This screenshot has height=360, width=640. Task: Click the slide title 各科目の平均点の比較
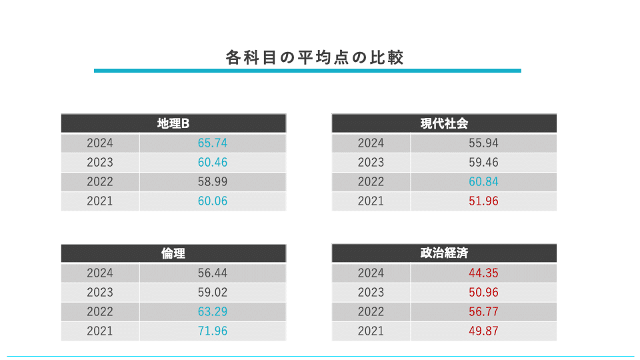(315, 57)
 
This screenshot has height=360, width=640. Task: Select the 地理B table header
(173, 123)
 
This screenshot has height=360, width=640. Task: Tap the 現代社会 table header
(444, 123)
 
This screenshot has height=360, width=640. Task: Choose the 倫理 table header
(173, 253)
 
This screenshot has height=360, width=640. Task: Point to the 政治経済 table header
(444, 253)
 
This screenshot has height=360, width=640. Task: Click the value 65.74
(213, 143)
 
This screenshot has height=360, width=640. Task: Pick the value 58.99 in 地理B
(213, 181)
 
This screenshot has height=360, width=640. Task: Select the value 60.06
(213, 201)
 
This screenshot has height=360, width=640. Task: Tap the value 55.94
(483, 143)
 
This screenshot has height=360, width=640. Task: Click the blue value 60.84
(483, 181)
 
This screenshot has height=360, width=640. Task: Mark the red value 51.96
(483, 201)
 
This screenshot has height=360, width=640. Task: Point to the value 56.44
(213, 273)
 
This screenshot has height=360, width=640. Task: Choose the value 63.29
(213, 311)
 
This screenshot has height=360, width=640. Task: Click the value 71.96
(213, 331)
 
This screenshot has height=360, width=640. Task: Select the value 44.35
(483, 273)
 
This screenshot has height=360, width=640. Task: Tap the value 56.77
(483, 311)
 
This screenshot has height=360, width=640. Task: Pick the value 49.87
(483, 331)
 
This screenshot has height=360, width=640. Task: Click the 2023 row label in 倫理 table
(100, 292)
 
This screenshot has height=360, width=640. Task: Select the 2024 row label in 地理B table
(100, 143)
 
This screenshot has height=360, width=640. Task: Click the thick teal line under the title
(307, 70)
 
